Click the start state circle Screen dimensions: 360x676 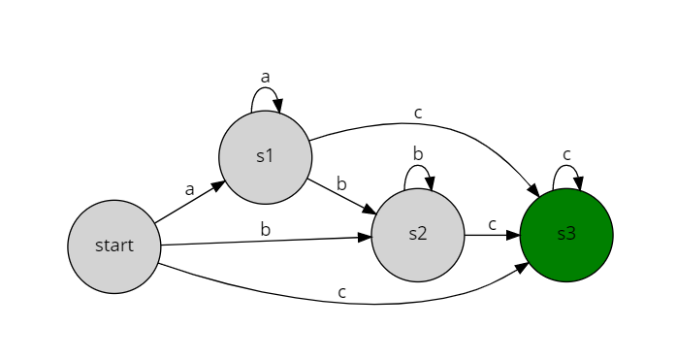(x=113, y=245)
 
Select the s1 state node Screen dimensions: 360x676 (x=265, y=157)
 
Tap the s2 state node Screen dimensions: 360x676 (x=417, y=234)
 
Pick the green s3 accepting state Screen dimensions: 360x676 (x=566, y=234)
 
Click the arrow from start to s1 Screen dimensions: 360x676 (x=189, y=203)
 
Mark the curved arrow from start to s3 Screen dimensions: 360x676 (x=349, y=303)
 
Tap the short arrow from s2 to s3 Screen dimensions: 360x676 (x=492, y=235)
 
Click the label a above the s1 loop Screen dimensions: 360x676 (x=265, y=75)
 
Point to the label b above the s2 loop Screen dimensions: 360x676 (x=418, y=153)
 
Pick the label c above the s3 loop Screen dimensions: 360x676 (x=566, y=153)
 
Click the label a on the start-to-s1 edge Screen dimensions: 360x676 (x=189, y=190)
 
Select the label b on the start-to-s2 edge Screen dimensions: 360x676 (x=265, y=229)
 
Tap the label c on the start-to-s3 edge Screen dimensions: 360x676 (x=341, y=291)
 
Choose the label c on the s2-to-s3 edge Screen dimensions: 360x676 (x=492, y=224)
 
